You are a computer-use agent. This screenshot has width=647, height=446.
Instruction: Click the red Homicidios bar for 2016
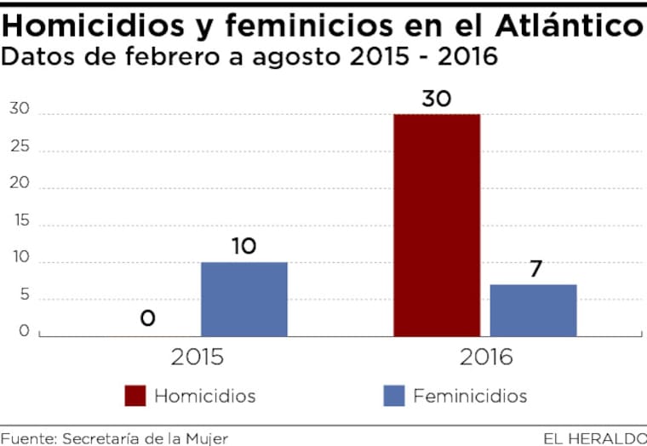437,225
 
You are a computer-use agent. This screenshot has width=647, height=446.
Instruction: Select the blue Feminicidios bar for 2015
244,299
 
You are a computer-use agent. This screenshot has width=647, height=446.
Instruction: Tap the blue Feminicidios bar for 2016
534,310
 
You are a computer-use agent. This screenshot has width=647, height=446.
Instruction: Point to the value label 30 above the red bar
437,99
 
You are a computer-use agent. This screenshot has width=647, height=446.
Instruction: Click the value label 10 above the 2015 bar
244,247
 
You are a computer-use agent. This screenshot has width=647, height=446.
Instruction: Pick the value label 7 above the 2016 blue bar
535,269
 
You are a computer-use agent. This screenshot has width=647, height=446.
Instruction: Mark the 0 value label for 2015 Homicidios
147,318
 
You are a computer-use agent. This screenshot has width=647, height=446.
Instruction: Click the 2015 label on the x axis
198,357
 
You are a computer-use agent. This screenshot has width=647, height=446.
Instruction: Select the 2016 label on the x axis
486,357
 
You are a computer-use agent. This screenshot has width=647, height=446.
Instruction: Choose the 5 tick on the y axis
24,295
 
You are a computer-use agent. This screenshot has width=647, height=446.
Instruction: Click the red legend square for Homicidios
135,396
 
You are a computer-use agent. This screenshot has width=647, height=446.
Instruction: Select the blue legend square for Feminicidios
393,396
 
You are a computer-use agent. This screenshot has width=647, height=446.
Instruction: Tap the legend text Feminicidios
470,396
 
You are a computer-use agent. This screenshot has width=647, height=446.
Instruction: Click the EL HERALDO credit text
594,438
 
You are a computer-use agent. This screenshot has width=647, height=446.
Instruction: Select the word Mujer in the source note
207,438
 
